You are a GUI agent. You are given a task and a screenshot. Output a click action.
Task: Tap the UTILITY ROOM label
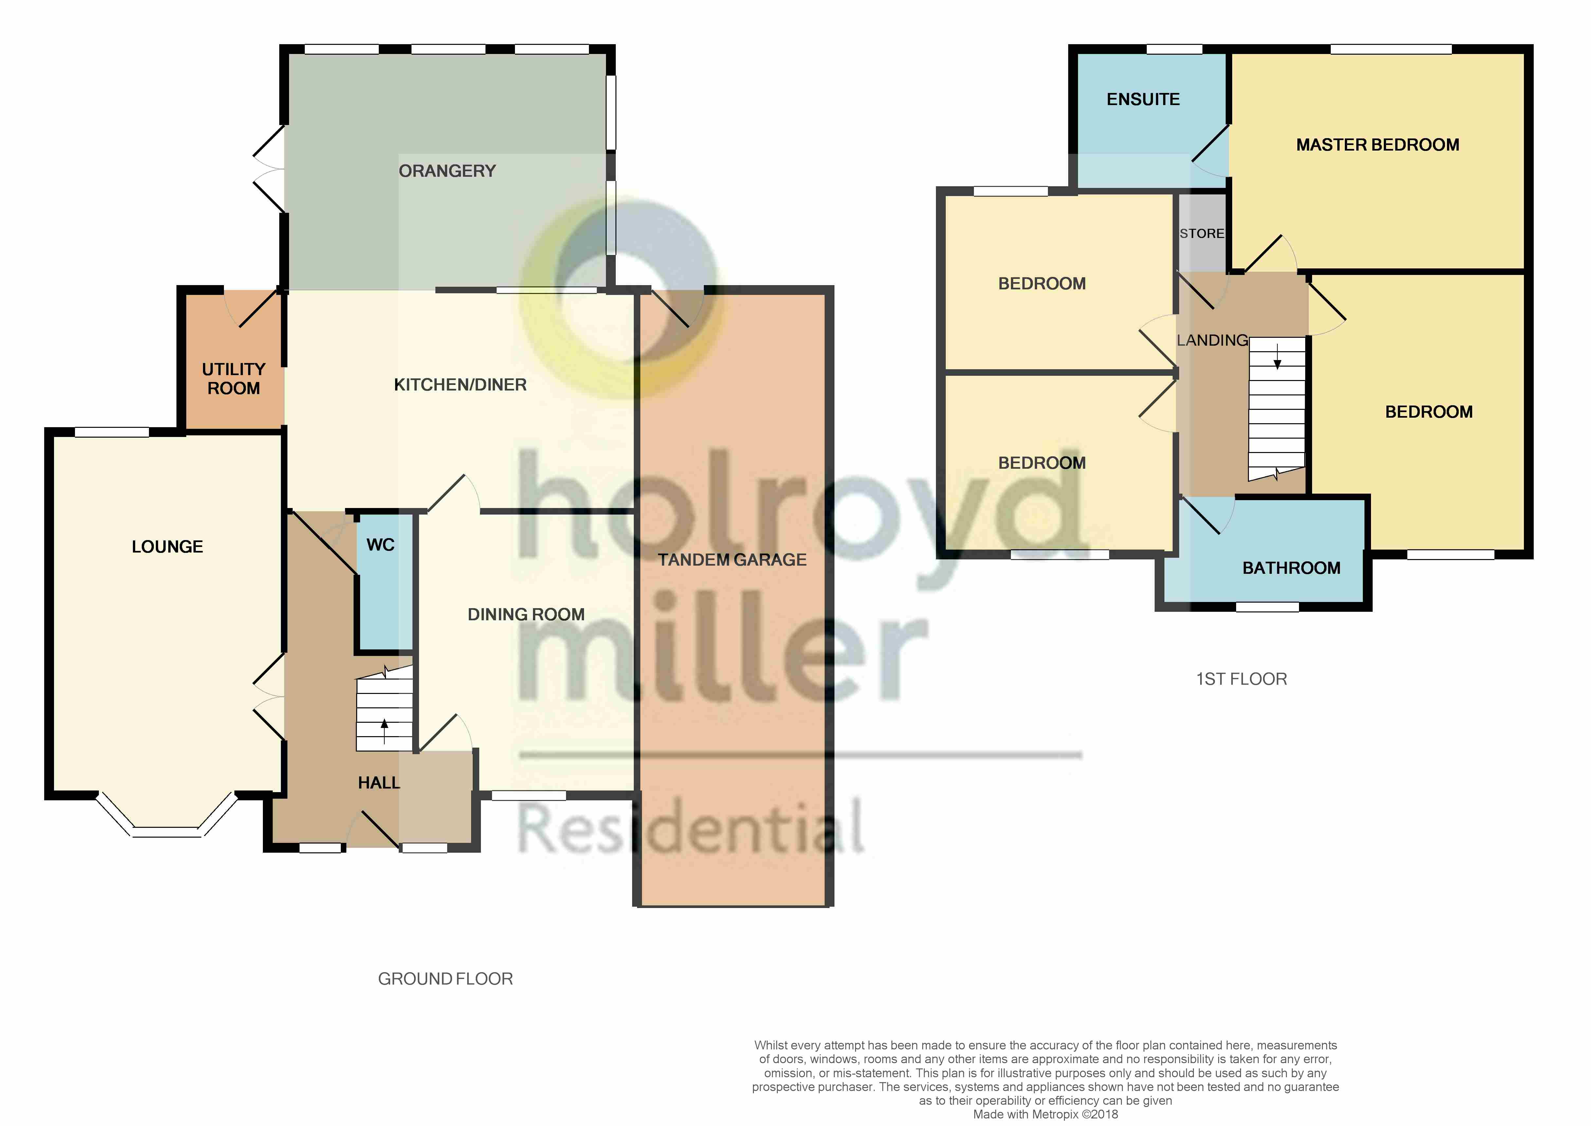[234, 379]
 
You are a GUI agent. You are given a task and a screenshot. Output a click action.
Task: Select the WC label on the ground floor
[380, 545]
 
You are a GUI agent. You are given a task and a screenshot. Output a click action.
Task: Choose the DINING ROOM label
[526, 614]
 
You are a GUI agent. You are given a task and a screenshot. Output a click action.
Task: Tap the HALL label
[378, 783]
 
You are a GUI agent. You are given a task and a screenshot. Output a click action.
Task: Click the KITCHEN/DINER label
[460, 385]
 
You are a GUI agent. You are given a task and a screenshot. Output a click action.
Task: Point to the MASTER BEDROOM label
[1378, 145]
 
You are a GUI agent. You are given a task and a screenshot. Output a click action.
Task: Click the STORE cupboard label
[1202, 234]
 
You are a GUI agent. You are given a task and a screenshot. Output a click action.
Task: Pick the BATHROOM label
[1291, 568]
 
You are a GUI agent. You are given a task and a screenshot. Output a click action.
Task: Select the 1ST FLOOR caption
[1241, 679]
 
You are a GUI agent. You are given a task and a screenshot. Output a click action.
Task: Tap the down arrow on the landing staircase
[1277, 357]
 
